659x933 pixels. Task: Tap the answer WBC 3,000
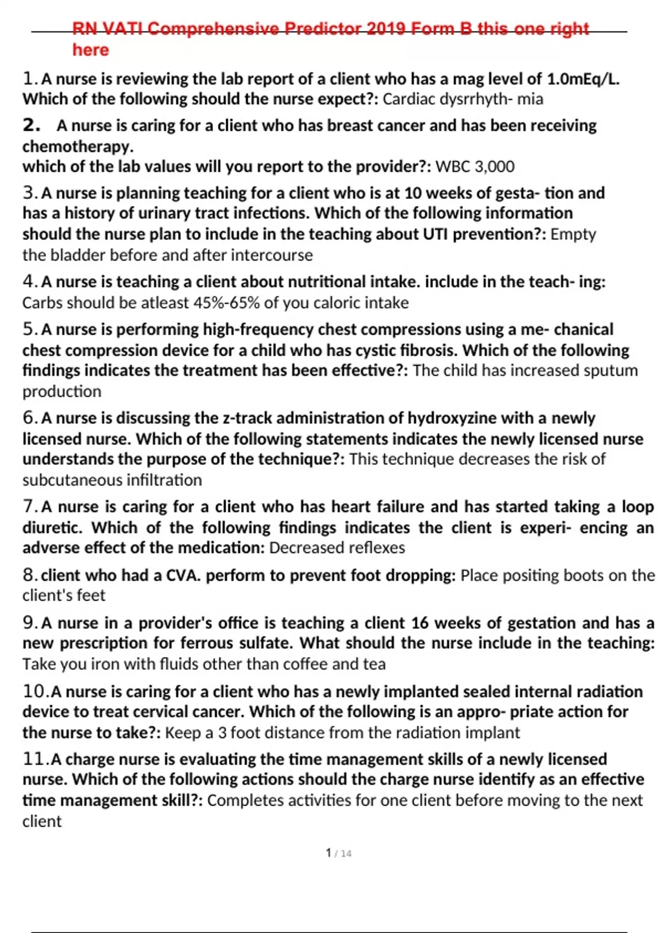[474, 166]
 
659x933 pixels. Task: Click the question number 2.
[31, 125]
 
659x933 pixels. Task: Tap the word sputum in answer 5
[611, 370]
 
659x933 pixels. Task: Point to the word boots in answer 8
[580, 575]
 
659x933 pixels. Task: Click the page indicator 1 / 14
[338, 853]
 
